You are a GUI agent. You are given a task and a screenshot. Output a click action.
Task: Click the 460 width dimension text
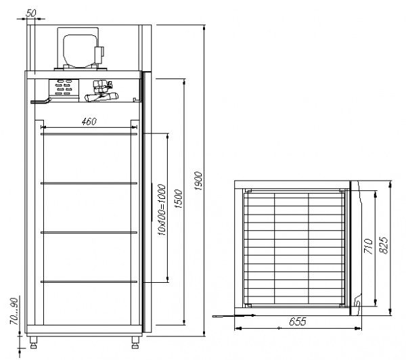(x=89, y=121)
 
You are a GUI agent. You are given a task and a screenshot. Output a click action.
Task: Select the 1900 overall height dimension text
(x=197, y=179)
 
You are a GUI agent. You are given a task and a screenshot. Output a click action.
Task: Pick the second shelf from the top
(x=89, y=183)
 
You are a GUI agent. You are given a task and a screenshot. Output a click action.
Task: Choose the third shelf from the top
(x=89, y=232)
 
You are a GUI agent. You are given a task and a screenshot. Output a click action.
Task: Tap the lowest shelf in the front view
(x=89, y=281)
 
